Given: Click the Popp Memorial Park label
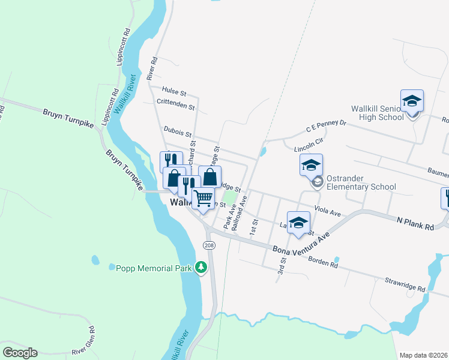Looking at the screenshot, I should pos(153,268).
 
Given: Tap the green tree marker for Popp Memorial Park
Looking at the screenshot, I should pos(202,268).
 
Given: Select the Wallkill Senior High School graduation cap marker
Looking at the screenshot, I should pos(412,101).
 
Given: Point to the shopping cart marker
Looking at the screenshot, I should pos(203,199).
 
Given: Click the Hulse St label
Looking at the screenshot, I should pos(175,94).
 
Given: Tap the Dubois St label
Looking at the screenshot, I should pos(176,129).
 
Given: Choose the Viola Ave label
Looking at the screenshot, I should pos(327,213).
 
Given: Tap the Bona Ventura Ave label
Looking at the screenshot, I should pos(302,243).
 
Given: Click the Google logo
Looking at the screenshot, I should pos(20,353).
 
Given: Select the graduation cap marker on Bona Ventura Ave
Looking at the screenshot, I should pos(298,223).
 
